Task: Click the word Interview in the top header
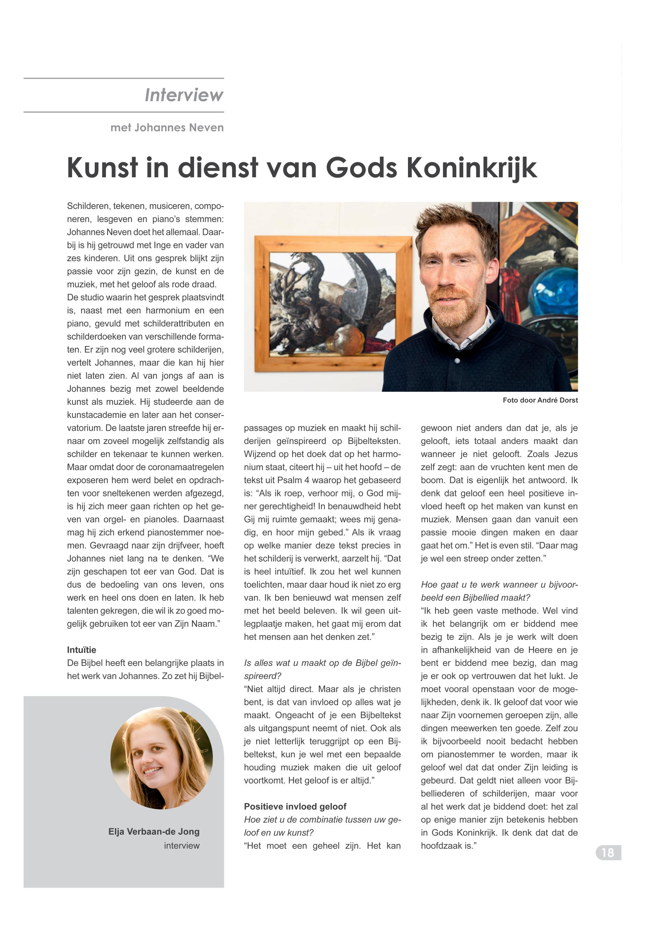point(184,95)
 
